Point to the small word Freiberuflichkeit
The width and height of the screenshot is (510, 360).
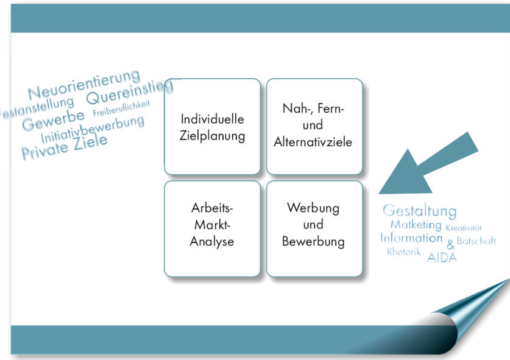coord(121,108)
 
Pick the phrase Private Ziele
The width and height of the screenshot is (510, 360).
coord(64,147)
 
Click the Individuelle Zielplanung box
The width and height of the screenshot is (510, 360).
coord(212,127)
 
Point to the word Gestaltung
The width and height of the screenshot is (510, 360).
coord(419,211)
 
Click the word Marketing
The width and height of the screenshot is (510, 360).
coord(416,225)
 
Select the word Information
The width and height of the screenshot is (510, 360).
coord(411,238)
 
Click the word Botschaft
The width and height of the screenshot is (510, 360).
coord(476,241)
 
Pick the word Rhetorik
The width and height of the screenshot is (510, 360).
coord(403,252)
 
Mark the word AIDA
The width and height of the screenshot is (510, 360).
coord(442,258)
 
